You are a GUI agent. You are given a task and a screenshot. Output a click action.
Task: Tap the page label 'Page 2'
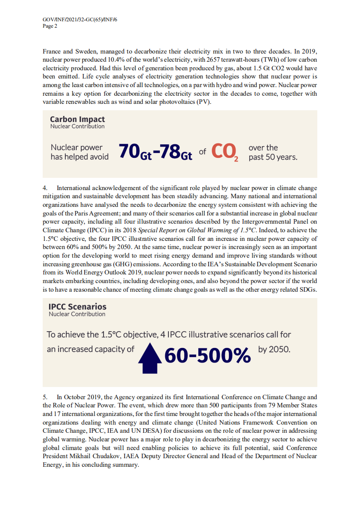pyautogui.click(x=50, y=26)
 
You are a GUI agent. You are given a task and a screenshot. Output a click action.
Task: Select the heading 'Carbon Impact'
pyautogui.click(x=77, y=119)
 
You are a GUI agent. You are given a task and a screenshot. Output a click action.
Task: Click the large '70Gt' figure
pyautogui.click(x=134, y=152)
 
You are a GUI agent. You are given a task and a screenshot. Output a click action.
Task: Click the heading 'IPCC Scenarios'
pyautogui.click(x=77, y=307)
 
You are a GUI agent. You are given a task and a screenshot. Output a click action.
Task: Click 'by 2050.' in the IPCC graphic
pyautogui.click(x=274, y=350)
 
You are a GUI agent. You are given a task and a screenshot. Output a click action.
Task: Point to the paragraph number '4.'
pyautogui.click(x=46, y=188)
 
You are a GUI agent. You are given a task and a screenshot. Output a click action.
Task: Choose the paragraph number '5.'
pyautogui.click(x=46, y=397)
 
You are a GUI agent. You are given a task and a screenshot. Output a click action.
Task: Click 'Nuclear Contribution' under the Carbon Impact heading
pyautogui.click(x=77, y=127)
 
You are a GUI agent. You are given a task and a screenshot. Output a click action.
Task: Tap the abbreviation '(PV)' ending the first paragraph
pyautogui.click(x=204, y=101)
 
